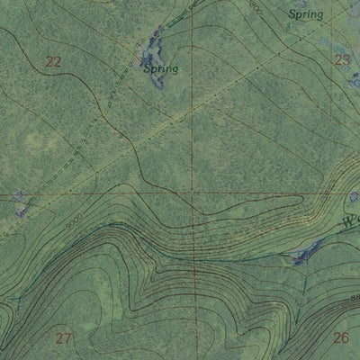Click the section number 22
pos(54,61)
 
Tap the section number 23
pos(342,61)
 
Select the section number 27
pos(63,338)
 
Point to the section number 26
pos(340,338)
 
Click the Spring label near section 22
pos(160,68)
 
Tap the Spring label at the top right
pos(305,14)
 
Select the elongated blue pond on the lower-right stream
pos(304,252)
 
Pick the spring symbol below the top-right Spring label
pos(287,27)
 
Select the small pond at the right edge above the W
pos(353,195)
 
